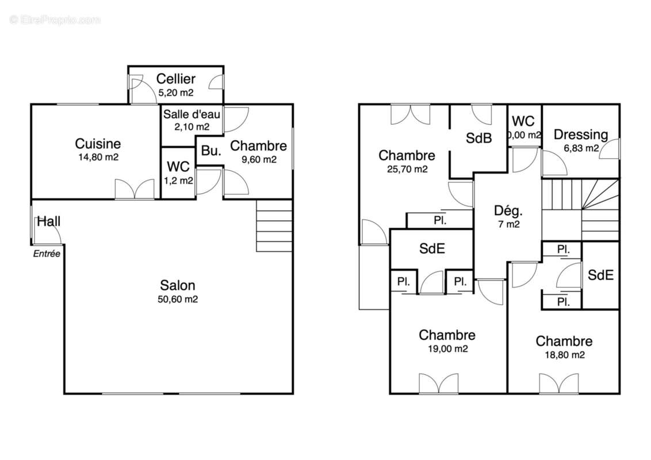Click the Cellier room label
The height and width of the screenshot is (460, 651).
coord(176,78)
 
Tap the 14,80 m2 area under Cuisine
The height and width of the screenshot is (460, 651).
coord(98,158)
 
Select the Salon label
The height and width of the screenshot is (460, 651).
coord(178,285)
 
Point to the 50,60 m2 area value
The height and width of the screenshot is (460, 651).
coord(178,299)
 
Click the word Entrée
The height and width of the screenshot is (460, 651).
coord(47,254)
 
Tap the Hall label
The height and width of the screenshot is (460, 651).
coord(48,221)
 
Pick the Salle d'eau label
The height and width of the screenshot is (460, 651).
coord(192,114)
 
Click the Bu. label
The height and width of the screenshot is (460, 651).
coord(211,151)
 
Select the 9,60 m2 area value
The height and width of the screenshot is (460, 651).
coord(259,159)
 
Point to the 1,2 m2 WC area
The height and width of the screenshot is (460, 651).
coord(178,181)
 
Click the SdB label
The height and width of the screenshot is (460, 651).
coord(478,138)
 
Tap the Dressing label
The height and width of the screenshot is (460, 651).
coord(581,135)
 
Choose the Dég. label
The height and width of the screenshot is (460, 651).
coord(508,211)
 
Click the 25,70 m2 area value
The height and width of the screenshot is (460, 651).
coord(407,170)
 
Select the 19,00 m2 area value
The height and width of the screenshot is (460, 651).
coord(447,348)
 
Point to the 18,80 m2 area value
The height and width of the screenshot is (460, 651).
coord(565,355)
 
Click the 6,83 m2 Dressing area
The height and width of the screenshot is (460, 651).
coord(581,148)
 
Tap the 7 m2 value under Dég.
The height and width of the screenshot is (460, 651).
coord(509,224)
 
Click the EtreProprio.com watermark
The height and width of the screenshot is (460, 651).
coord(55,20)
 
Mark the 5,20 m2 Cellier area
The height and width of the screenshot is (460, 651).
coord(176,93)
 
